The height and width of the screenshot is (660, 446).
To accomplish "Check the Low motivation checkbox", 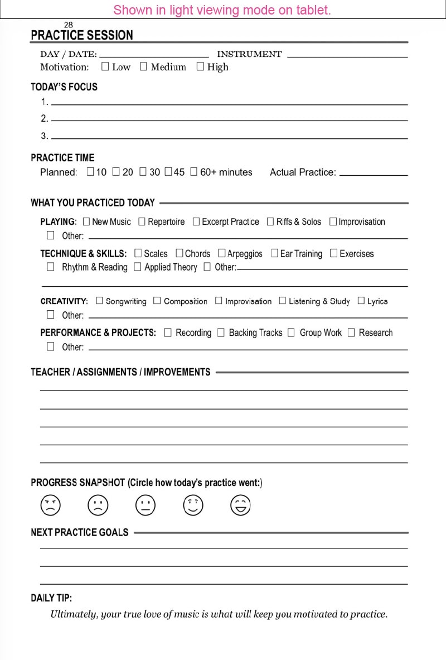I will coord(105,67).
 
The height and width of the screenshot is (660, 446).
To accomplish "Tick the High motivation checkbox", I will coord(201,67).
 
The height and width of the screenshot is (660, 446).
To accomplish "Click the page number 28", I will coord(69,25).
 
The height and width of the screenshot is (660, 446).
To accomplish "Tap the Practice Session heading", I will coord(82,35).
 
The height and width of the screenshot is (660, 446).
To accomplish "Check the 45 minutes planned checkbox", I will coord(168,172).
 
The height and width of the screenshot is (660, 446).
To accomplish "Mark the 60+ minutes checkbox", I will coord(194,172).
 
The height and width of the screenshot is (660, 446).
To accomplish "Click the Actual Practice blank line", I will coord(374,175).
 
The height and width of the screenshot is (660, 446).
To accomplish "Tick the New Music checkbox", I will coord(86,221).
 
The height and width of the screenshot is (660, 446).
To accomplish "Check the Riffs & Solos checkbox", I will coord(270,221).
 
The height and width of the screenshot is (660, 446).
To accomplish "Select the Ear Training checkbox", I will coord(274,253).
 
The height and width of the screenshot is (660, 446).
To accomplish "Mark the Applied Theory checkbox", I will coord(138,267).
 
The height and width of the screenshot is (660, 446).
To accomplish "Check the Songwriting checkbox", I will coord(100,301).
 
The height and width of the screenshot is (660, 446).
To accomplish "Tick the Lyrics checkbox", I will coord(361,301).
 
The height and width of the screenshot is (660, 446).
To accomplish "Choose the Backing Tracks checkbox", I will coord(221,333).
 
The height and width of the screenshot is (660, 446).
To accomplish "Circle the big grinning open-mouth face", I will coord(240,505).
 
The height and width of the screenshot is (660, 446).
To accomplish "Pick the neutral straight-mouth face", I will coord(146,505).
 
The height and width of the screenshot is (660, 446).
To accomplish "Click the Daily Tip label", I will coord(51,598).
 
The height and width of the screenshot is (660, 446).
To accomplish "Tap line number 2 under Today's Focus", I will coord(229,119).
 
